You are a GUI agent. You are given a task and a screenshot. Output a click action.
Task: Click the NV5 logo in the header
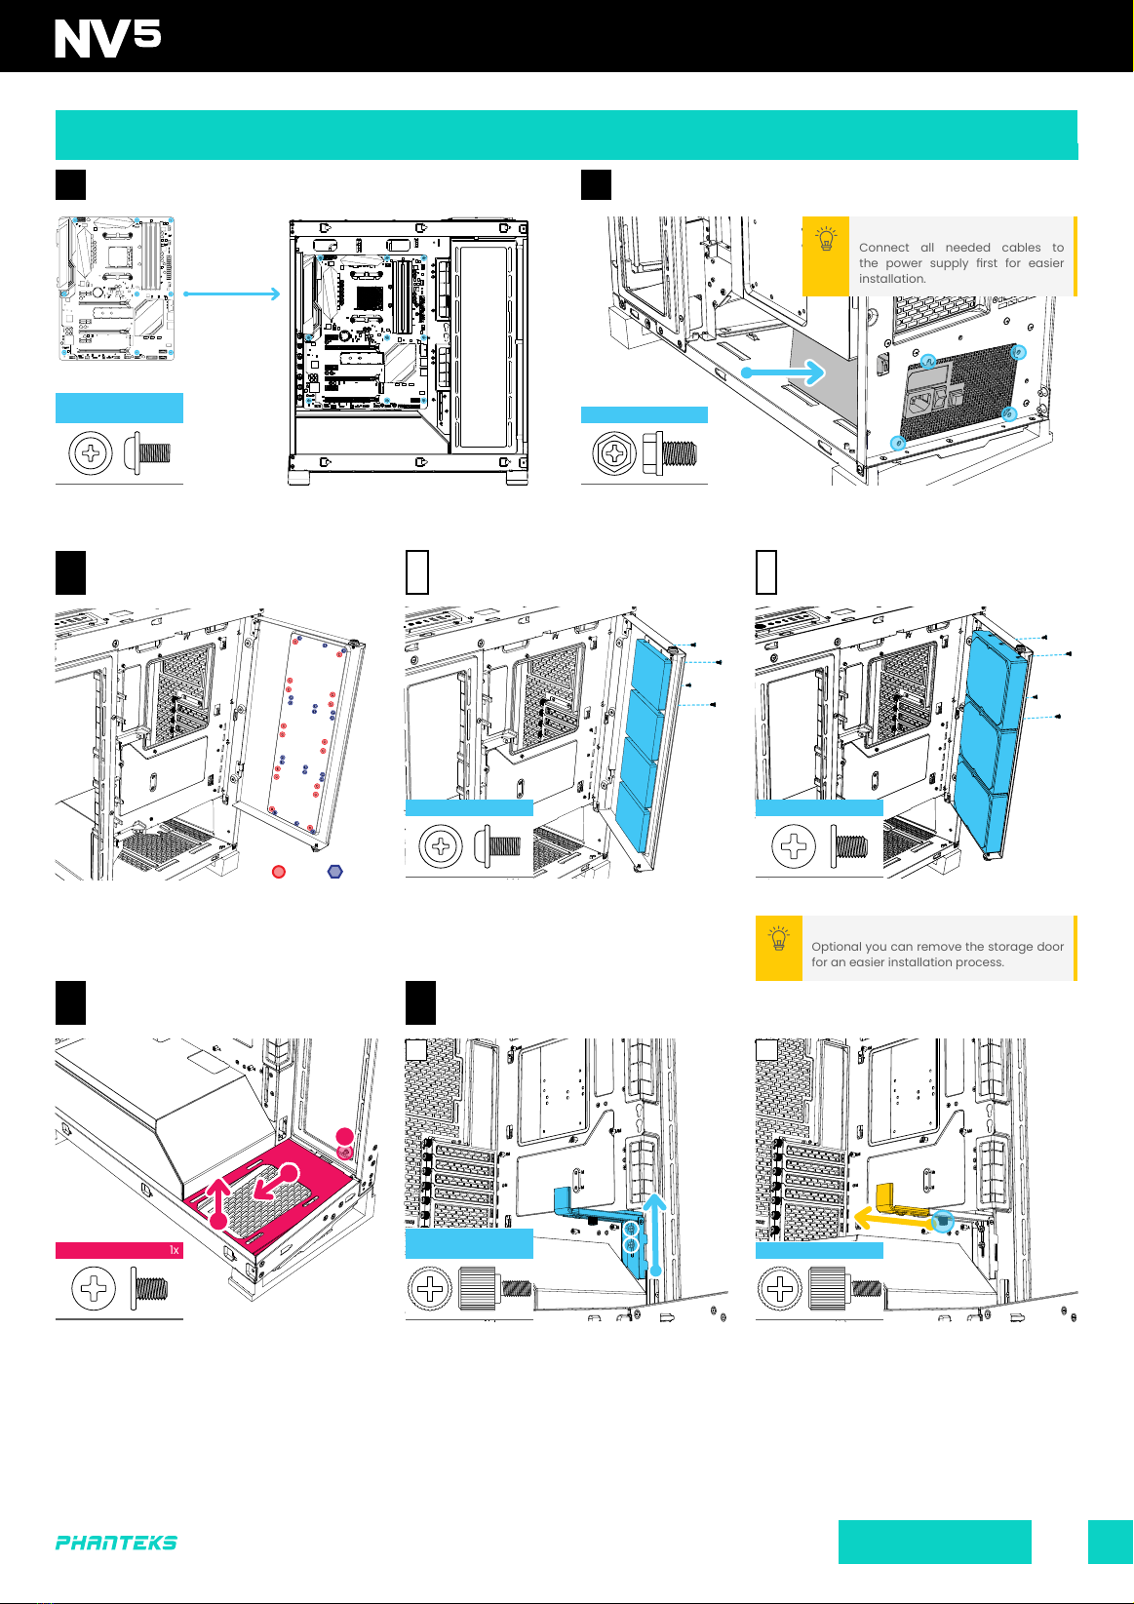(x=107, y=39)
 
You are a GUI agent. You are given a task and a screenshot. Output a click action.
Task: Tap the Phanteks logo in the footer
(x=116, y=1543)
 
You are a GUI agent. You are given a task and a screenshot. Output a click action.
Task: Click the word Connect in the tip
(x=883, y=248)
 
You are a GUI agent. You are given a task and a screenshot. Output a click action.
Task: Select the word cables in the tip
(x=1021, y=248)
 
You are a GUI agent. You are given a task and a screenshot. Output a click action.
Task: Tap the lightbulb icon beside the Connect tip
(x=826, y=240)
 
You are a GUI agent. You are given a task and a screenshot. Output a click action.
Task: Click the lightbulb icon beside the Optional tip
(x=779, y=940)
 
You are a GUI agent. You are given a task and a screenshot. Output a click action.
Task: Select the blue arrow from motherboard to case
(x=231, y=293)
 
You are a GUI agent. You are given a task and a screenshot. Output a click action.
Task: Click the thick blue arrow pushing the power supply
(x=784, y=372)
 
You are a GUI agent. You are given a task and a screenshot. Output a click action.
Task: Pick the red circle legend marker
(x=279, y=871)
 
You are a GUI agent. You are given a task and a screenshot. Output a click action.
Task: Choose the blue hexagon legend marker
(x=335, y=871)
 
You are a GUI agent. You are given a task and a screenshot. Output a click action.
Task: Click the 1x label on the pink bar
(x=175, y=1250)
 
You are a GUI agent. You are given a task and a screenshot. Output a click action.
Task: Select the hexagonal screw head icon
(x=615, y=453)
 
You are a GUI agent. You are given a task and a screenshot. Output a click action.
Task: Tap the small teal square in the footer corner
(x=1111, y=1542)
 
